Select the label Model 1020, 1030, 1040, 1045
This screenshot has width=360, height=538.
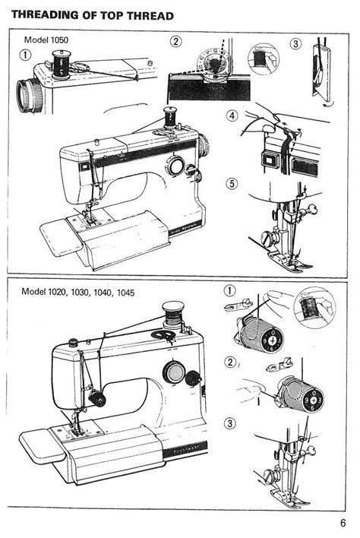(77, 292)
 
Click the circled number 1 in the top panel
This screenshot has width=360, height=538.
(25, 54)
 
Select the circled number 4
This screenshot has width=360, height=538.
(232, 116)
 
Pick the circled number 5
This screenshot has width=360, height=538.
(231, 184)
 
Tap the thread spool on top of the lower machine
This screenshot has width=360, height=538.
(173, 312)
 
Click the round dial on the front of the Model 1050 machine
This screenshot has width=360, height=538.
(176, 166)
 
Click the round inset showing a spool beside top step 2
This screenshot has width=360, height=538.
(264, 59)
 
